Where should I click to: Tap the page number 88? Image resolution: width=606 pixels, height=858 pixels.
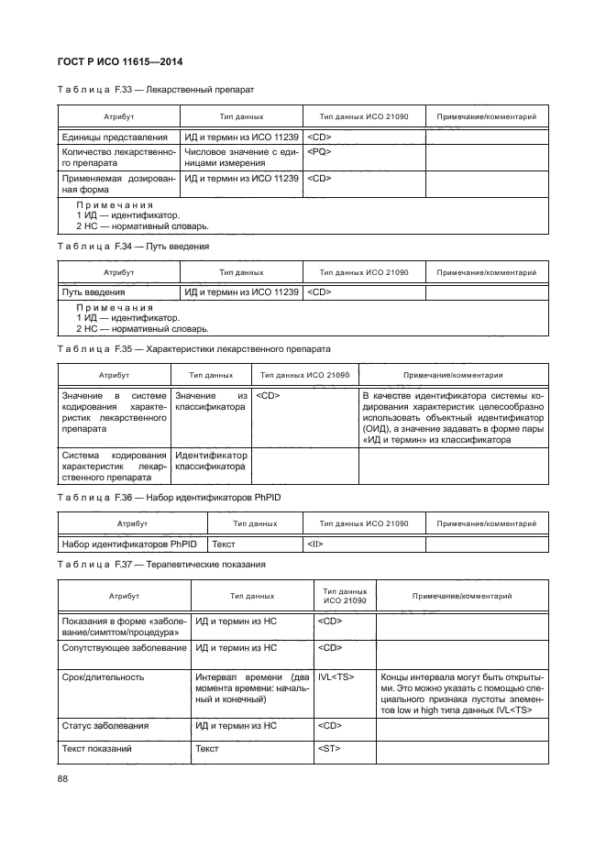coord(63,779)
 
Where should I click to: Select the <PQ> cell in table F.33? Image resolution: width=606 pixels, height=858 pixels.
coord(320,151)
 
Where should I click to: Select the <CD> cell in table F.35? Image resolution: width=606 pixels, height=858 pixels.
coord(269,396)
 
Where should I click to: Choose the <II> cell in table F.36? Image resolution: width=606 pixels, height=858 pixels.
coord(314,544)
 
